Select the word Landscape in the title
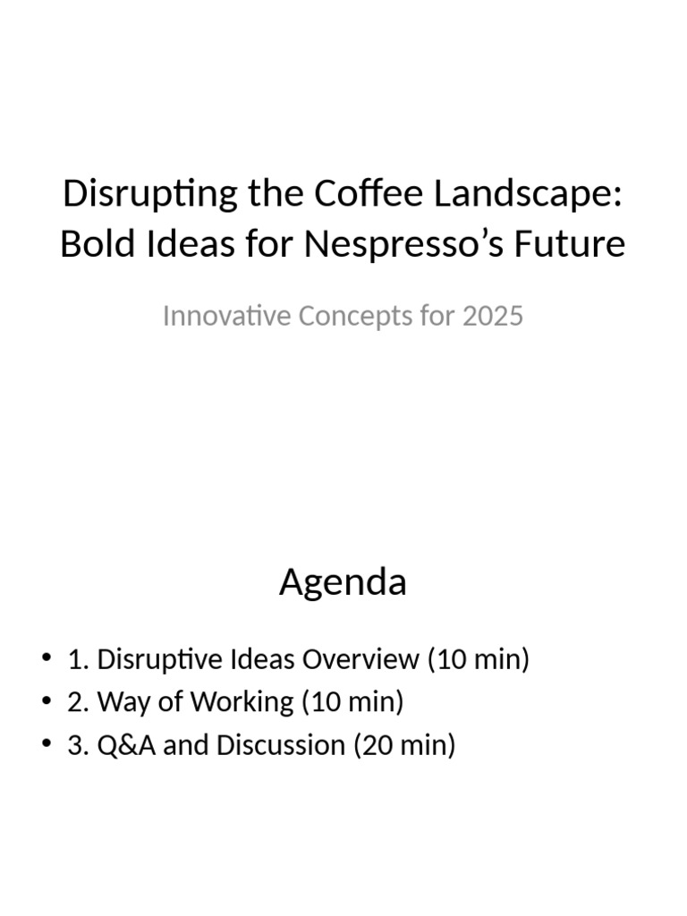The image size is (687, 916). tap(530, 195)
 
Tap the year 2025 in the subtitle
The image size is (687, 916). tap(493, 316)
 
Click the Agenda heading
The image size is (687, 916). tap(343, 582)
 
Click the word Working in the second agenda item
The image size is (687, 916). tap(240, 702)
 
